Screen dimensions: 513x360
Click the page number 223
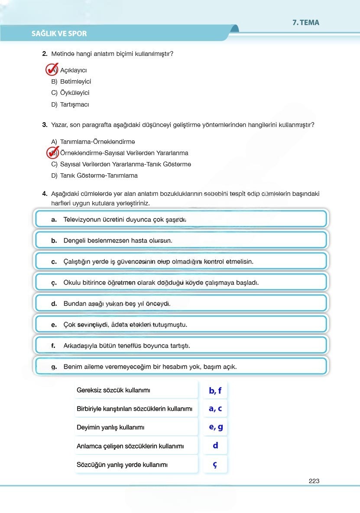click(314, 481)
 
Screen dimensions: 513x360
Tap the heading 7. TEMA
click(305, 23)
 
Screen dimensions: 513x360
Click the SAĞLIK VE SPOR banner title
click(59, 33)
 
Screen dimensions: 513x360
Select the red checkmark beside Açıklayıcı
click(52, 69)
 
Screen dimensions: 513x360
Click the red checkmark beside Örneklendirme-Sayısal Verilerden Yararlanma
click(52, 153)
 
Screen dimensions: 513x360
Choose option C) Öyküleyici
click(70, 93)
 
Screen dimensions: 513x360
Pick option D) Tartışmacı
click(70, 104)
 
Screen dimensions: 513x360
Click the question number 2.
click(45, 54)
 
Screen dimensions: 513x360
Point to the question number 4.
click(45, 194)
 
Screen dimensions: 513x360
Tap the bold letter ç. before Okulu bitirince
click(54, 283)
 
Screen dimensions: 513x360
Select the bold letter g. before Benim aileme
click(54, 367)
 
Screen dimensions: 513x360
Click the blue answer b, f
click(215, 390)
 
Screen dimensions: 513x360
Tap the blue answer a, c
click(215, 409)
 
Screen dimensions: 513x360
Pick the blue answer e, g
click(215, 427)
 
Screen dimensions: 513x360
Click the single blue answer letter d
click(215, 445)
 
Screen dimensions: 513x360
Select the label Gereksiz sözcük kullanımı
click(114, 390)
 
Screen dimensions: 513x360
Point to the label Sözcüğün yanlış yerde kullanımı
click(122, 465)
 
